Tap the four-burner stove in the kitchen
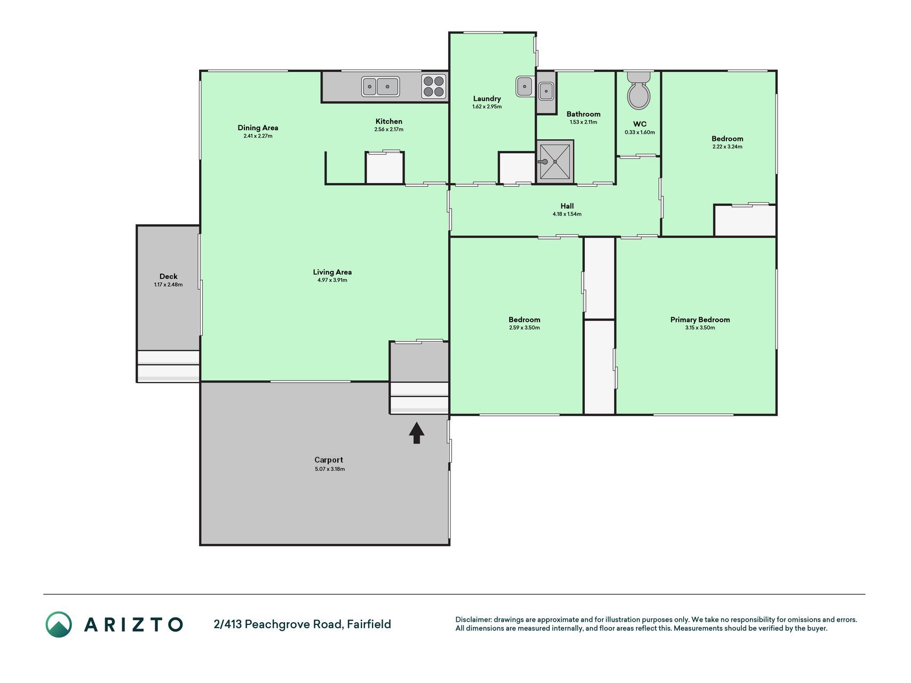434,86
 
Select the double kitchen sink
381,86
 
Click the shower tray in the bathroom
555,162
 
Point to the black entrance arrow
417,433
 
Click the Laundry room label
487,99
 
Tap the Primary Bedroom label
700,320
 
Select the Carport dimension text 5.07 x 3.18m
330,469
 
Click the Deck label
168,276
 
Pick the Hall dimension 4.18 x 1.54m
567,214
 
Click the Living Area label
332,272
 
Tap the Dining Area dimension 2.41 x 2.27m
258,136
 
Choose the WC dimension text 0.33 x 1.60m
639,132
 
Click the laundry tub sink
525,86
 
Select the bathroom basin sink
546,91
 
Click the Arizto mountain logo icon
58,624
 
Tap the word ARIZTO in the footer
133,624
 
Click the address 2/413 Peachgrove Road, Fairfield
302,624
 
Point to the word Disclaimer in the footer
473,620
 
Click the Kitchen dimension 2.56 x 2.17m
389,130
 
